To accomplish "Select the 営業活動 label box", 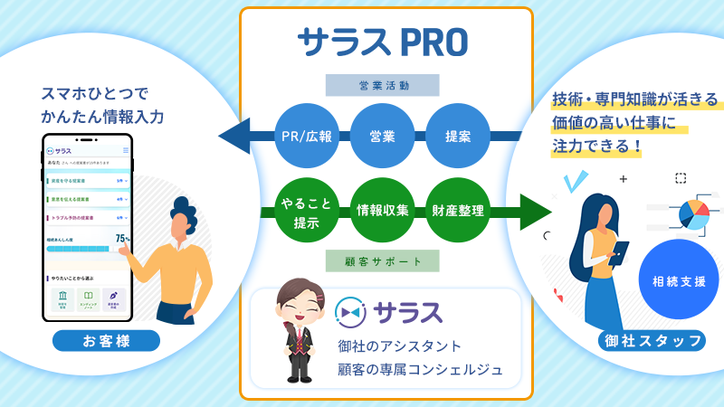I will click(x=384, y=86).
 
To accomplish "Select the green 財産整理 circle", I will click(x=457, y=211).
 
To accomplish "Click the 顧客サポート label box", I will click(x=384, y=262).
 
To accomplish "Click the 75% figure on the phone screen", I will click(x=122, y=239).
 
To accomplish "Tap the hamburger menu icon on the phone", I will click(x=125, y=150).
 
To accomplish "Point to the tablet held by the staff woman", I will click(x=622, y=248).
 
